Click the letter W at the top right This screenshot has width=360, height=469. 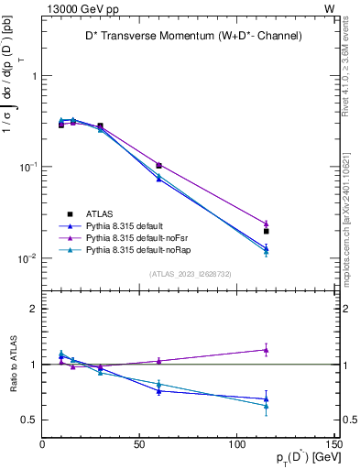click(x=329, y=7)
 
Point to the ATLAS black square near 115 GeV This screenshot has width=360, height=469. click(x=267, y=231)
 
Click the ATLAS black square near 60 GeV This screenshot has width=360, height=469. click(x=159, y=166)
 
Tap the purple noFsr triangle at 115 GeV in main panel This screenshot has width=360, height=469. click(x=267, y=224)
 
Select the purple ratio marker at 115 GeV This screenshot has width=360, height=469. click(x=267, y=349)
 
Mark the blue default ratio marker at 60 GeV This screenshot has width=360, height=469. click(x=159, y=391)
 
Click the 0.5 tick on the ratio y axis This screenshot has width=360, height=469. click(x=29, y=420)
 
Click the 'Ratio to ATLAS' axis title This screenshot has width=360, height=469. click(x=12, y=364)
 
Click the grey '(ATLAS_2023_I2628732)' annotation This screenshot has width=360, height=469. click(x=190, y=273)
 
